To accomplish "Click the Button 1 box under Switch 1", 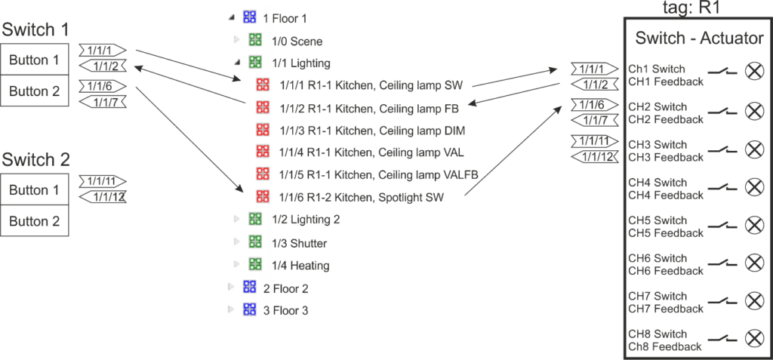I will (35, 60).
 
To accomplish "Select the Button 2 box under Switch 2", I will (35, 221).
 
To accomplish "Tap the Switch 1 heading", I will (35, 30).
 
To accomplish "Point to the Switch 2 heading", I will (35, 160).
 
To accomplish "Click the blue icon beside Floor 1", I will (249, 17).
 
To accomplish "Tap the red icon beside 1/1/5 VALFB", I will (263, 174).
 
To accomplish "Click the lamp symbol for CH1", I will (754, 72).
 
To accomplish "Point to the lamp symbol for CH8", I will (754, 338).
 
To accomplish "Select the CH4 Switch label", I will (657, 183).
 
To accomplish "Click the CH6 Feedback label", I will (665, 270).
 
